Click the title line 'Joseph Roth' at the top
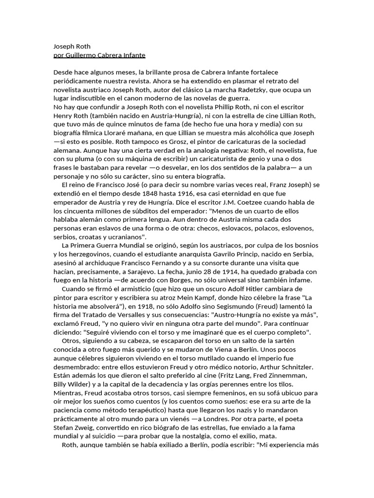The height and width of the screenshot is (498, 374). (x=72, y=47)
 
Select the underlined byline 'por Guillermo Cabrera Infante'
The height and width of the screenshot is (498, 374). (x=99, y=55)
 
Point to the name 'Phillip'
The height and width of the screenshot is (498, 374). (x=227, y=107)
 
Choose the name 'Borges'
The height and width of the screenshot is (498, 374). (x=199, y=280)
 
